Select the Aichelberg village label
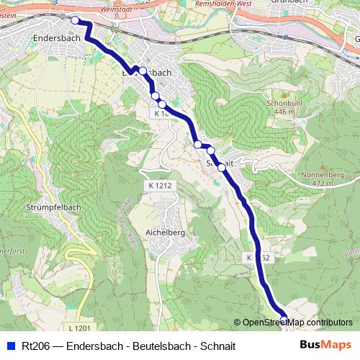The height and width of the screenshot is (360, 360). (x=165, y=233)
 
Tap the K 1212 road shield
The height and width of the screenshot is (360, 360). (x=159, y=186)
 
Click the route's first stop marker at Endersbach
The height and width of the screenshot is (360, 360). (x=75, y=20)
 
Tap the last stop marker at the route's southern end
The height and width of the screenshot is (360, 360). (x=284, y=318)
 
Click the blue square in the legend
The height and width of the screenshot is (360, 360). (x=10, y=346)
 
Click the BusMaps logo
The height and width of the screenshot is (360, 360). (x=325, y=345)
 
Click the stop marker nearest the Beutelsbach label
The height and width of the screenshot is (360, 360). (x=143, y=71)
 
